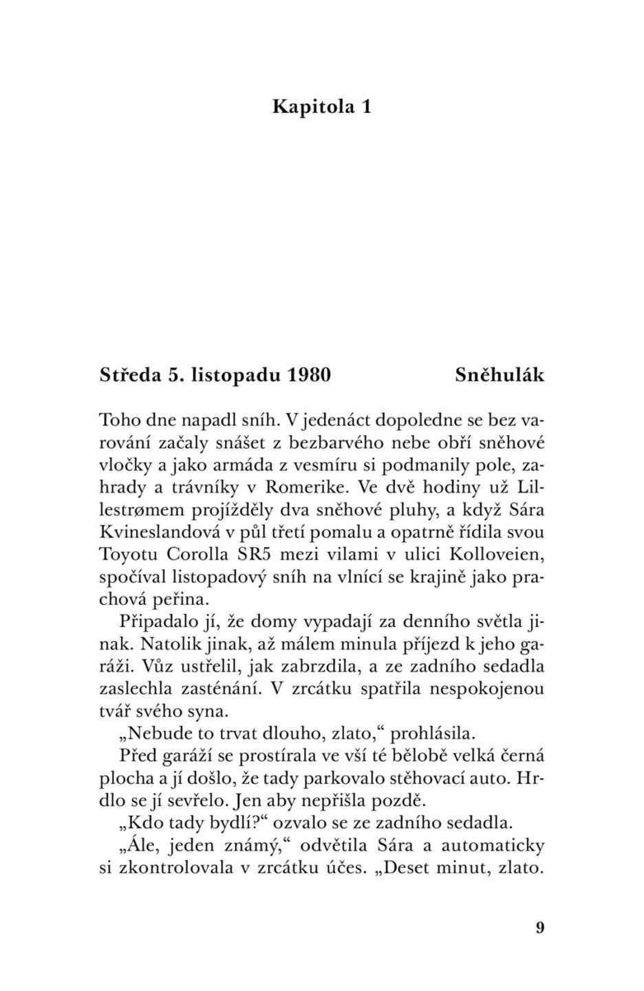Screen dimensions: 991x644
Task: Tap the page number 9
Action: click(x=539, y=927)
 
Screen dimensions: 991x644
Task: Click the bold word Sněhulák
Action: click(x=500, y=375)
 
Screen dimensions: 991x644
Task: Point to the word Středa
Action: click(x=129, y=375)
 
